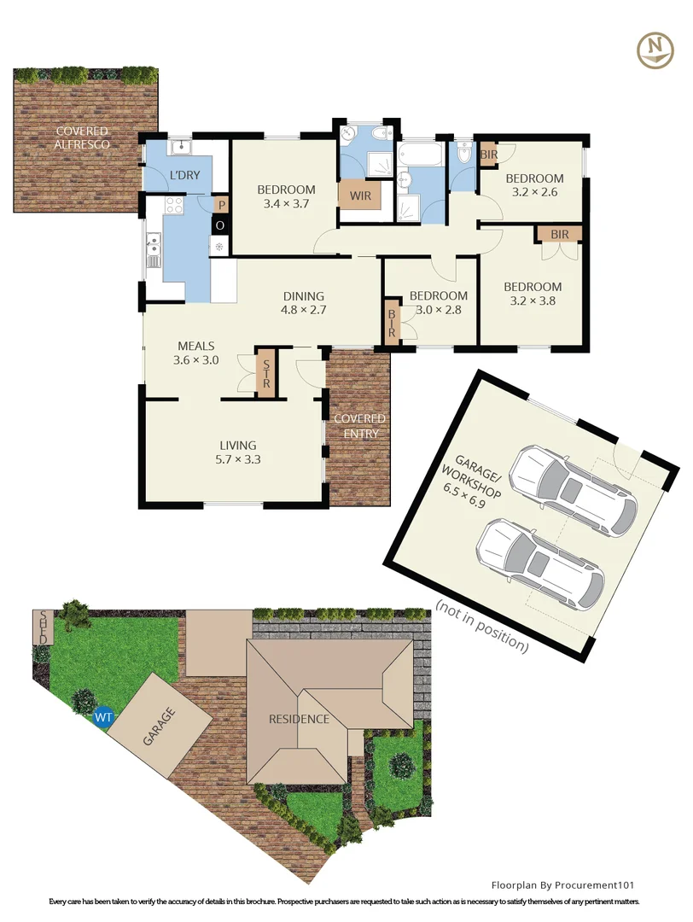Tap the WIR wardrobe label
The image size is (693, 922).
point(357,196)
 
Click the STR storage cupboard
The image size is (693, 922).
point(265,371)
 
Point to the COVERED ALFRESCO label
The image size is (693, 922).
point(82,138)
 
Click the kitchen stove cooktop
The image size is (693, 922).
point(174,205)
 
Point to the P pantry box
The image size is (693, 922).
point(220,205)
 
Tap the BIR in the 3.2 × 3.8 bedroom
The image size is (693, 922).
point(559,233)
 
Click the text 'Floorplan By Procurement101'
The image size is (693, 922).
point(562,885)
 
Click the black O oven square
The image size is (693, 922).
point(219,225)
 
